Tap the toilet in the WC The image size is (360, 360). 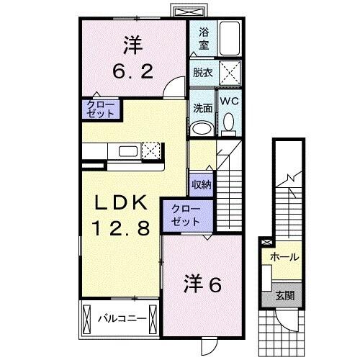point(229,124)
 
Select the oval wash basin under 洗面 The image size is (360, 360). point(201,128)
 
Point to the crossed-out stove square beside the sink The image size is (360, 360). point(151,150)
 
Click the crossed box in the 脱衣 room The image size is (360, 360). point(229,73)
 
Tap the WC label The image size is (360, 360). point(229,102)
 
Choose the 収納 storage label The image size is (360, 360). point(201,184)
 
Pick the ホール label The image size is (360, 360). point(284,256)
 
